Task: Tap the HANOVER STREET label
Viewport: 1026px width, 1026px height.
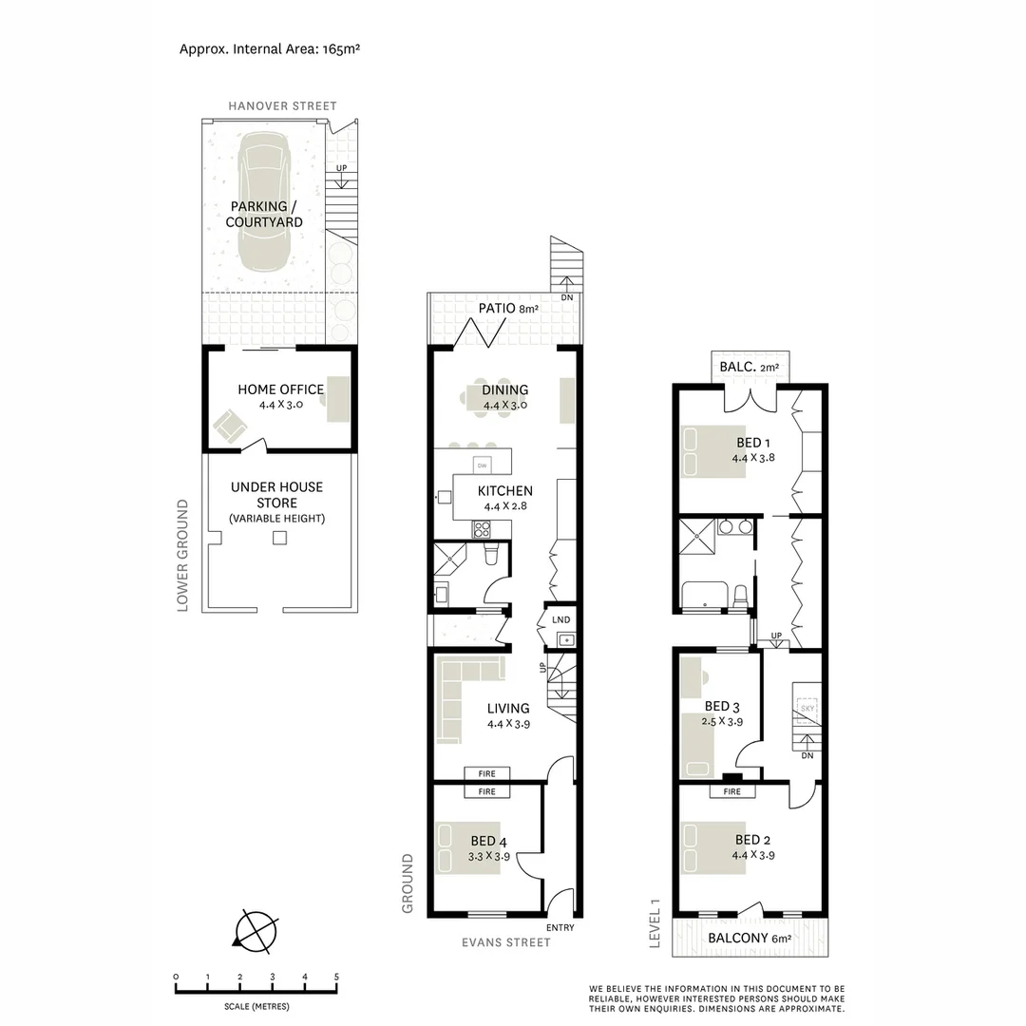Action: point(281,105)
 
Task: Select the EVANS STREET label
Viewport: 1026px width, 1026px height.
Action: point(504,942)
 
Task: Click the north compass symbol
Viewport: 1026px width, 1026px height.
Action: point(255,929)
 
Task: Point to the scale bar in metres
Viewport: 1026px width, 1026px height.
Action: point(256,990)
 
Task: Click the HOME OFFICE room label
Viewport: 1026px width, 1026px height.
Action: point(280,389)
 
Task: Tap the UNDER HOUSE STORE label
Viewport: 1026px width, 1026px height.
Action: point(276,495)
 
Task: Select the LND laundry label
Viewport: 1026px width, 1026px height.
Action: point(561,619)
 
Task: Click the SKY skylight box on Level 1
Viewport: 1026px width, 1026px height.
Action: point(808,709)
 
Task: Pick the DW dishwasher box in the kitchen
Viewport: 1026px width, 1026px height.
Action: point(483,465)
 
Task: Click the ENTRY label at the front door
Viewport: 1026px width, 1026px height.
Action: point(560,928)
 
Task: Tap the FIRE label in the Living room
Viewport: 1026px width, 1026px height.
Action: point(486,773)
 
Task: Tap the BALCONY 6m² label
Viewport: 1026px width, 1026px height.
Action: point(750,938)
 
